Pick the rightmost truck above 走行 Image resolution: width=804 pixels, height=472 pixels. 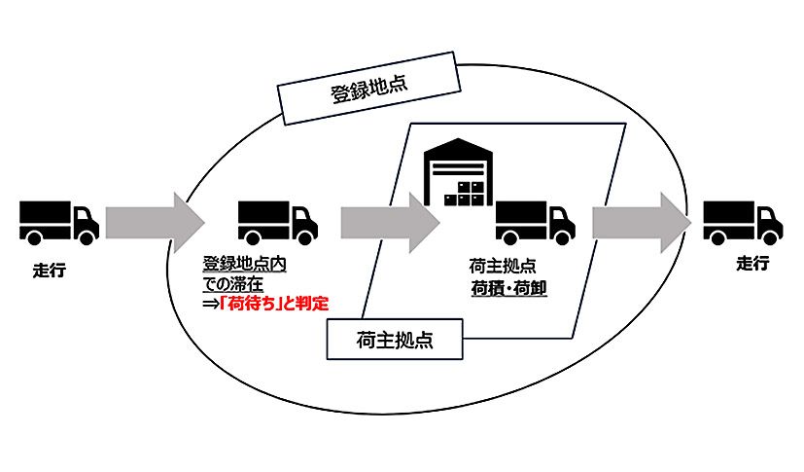pyautogui.click(x=742, y=220)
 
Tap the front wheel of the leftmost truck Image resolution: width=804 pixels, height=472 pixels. pyautogui.click(x=87, y=236)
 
